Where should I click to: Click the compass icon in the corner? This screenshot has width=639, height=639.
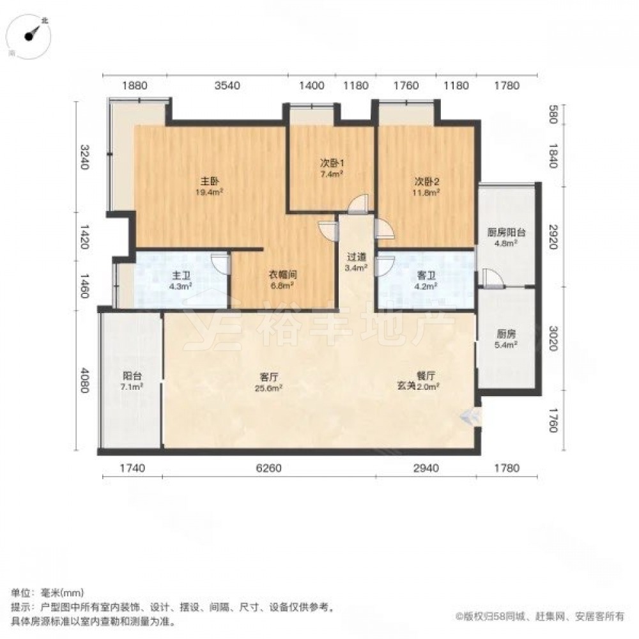point(30,36)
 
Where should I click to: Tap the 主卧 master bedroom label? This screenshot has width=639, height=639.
point(210,181)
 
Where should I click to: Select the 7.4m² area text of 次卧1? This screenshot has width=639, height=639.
point(331,174)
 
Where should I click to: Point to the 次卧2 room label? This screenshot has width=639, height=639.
point(427,181)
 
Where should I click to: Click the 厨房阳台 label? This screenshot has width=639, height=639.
point(506,233)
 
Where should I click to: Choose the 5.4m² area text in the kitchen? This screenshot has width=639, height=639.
point(506,345)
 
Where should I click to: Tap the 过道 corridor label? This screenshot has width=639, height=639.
point(357,257)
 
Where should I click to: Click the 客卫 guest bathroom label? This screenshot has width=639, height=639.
point(426,275)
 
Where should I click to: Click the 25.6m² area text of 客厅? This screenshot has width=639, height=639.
point(269,388)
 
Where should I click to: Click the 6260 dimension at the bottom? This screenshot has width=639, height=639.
point(268,468)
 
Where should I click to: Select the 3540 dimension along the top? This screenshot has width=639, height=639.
point(227,86)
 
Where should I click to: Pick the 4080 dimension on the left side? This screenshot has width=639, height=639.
point(84,381)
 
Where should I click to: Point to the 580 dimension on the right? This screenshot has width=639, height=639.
point(553,114)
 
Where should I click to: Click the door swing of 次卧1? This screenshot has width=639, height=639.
point(358,204)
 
